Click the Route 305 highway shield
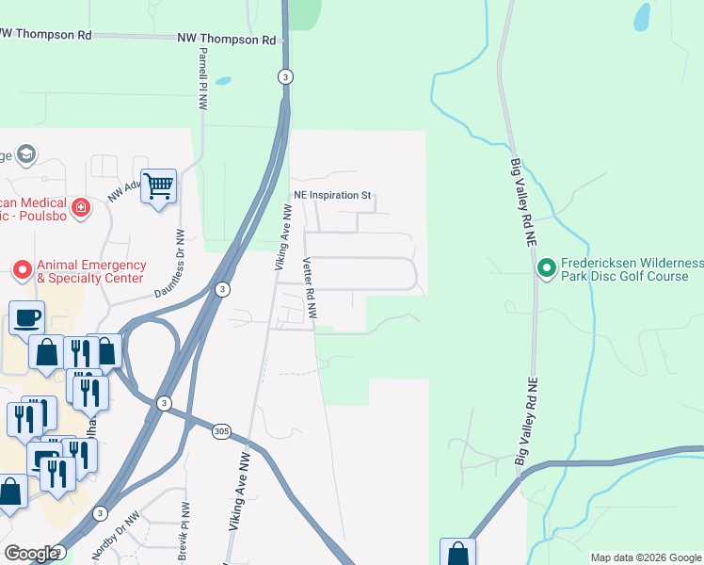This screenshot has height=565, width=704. pyautogui.click(x=221, y=431)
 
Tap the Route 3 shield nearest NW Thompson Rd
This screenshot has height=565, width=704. pyautogui.click(x=285, y=76)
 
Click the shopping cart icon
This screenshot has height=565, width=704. pyautogui.click(x=158, y=186)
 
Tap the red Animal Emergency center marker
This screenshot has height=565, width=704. pyautogui.click(x=23, y=271)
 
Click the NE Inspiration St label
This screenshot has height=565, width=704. pyautogui.click(x=332, y=195)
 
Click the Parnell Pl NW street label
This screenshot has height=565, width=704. pyautogui.click(x=202, y=79)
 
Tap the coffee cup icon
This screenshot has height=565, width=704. pyautogui.click(x=26, y=316)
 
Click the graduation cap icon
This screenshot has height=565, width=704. pyautogui.click(x=26, y=154)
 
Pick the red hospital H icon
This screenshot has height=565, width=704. pyautogui.click(x=81, y=207)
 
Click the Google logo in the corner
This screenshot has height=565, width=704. pyautogui.click(x=31, y=554)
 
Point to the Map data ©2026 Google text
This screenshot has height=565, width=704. pyautogui.click(x=645, y=557)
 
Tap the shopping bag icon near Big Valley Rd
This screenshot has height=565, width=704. pyautogui.click(x=457, y=553)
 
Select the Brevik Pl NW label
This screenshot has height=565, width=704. pyautogui.click(x=184, y=531)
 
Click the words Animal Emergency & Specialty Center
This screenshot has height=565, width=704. pyautogui.click(x=90, y=271)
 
